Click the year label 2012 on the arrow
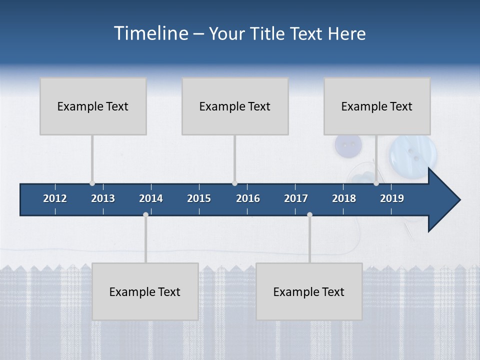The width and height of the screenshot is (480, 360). (55, 198)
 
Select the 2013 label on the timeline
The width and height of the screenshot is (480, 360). (103, 198)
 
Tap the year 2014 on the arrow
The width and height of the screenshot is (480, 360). (151, 198)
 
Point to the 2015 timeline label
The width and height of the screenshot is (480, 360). (199, 198)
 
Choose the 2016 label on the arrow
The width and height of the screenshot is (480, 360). (248, 198)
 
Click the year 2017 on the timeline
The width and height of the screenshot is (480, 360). (296, 198)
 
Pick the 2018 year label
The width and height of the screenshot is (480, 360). (344, 198)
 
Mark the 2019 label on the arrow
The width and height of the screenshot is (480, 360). (392, 198)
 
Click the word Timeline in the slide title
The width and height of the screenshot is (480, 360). (150, 33)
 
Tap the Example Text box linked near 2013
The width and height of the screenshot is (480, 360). (93, 106)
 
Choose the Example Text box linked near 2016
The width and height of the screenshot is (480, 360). (235, 106)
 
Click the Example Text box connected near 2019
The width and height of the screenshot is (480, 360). (377, 106)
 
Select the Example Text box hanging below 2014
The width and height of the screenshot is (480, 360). (145, 291)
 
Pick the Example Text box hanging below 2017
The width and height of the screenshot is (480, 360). (309, 291)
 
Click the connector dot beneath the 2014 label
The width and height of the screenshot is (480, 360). (145, 215)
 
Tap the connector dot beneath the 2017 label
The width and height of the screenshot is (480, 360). (309, 215)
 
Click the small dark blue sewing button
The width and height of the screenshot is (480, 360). (348, 145)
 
